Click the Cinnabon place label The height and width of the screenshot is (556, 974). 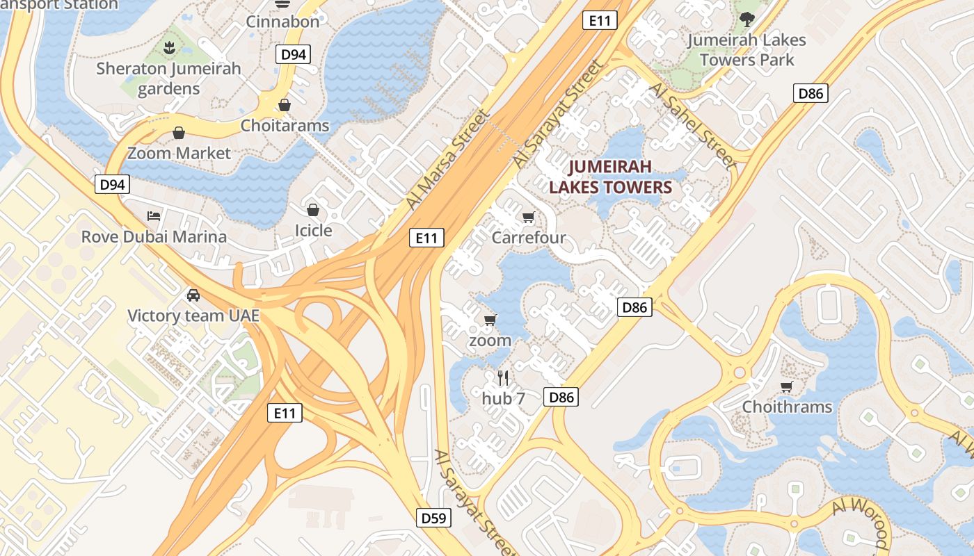click(282, 22)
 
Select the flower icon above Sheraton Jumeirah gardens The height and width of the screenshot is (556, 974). click(168, 48)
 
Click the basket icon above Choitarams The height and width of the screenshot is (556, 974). click(284, 105)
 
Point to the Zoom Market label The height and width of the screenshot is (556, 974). click(179, 153)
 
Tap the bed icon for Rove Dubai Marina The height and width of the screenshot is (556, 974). click(154, 215)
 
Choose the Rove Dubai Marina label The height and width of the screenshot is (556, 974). click(154, 236)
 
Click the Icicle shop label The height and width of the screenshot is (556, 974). click(313, 230)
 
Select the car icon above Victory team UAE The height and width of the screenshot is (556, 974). click(193, 295)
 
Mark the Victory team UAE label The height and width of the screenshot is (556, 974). click(193, 316)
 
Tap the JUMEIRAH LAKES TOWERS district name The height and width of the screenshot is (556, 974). click(610, 177)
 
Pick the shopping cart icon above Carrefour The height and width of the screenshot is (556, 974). click(528, 218)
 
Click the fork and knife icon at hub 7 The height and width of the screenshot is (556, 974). click(503, 378)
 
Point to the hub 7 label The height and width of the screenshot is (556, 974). click(503, 399)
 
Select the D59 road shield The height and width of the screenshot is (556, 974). click(435, 518)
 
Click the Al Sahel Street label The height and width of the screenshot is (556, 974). click(692, 126)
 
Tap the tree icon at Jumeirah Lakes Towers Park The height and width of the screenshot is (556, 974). click(747, 19)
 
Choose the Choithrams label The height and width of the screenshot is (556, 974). click(787, 407)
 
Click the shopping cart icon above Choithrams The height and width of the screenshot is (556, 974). click(787, 386)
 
